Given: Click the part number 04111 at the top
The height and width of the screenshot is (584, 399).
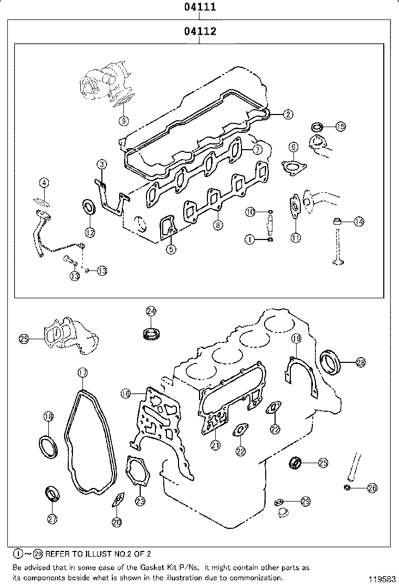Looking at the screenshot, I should click(200, 8).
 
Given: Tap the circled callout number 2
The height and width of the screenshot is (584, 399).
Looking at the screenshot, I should click(288, 114).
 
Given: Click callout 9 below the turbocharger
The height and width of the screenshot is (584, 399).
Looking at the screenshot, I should click(123, 120).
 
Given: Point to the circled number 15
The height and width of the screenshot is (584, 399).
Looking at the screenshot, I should click(340, 126).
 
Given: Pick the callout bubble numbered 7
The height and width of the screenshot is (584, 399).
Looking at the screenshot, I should click(257, 150).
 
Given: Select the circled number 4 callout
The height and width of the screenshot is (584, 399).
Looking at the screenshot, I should click(45, 183).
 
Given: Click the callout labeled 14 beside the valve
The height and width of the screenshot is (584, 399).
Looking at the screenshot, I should click(359, 222).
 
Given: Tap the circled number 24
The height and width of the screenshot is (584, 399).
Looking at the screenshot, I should click(151, 311).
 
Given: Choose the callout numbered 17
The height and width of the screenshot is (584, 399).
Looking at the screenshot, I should click(82, 373).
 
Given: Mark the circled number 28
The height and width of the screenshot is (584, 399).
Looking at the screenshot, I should click(361, 362).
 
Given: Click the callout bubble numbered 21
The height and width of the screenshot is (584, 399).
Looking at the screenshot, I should click(215, 445).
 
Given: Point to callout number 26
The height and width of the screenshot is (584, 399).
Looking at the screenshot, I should click(372, 488).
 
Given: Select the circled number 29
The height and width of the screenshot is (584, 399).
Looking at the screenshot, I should click(306, 502).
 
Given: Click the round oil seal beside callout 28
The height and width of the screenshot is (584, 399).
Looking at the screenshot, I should click(331, 361).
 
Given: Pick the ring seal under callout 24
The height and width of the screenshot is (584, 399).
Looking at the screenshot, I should click(151, 332).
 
